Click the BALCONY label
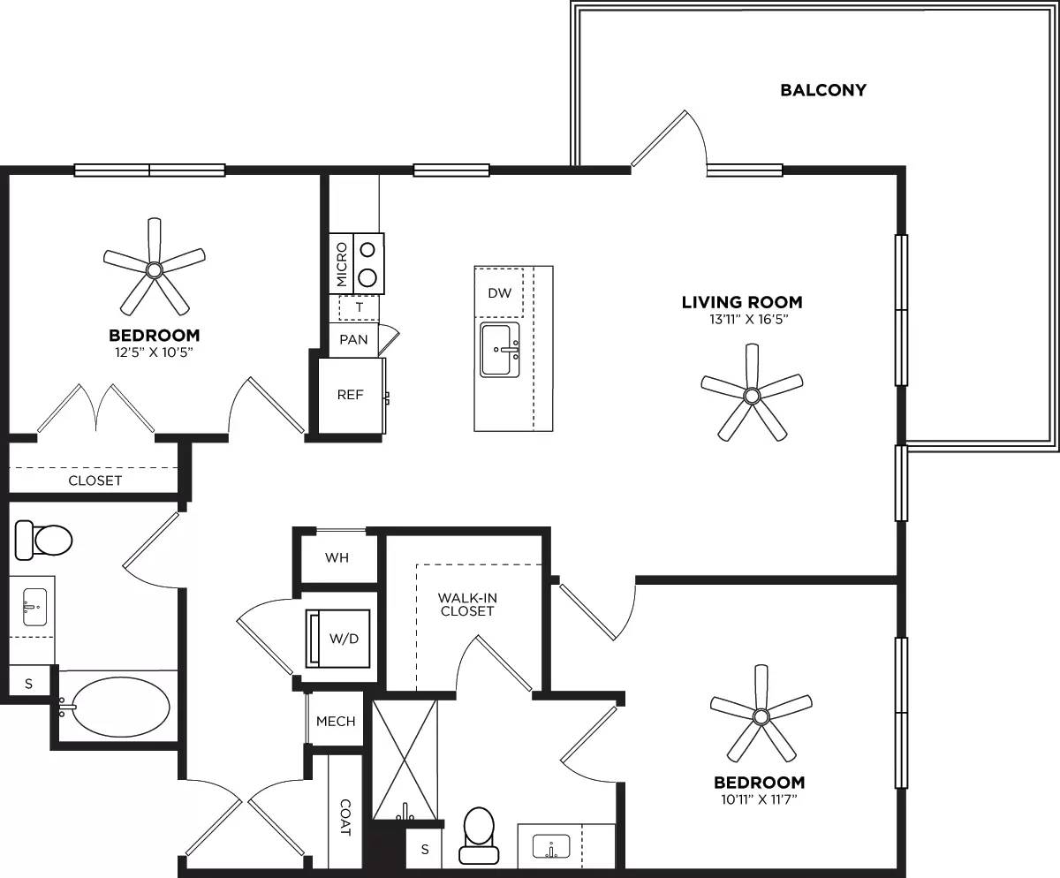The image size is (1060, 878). (x=822, y=90)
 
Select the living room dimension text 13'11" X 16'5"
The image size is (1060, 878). (x=741, y=320)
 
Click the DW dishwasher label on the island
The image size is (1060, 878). (x=499, y=293)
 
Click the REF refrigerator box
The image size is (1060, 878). (x=351, y=395)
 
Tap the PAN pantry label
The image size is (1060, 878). (x=353, y=339)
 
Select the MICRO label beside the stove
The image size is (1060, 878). (x=342, y=264)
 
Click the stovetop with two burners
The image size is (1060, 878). (x=369, y=263)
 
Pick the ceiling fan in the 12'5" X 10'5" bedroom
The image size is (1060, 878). (x=155, y=269)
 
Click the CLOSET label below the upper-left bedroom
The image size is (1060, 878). (x=95, y=481)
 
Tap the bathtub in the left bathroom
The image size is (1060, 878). (x=120, y=707)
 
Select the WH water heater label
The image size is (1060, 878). (x=337, y=557)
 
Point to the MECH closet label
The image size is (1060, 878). (x=336, y=721)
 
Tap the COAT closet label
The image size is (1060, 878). (x=345, y=818)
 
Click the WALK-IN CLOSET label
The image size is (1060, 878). (x=466, y=604)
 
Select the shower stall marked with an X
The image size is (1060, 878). (x=405, y=760)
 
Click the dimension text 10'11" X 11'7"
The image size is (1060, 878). (x=759, y=801)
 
